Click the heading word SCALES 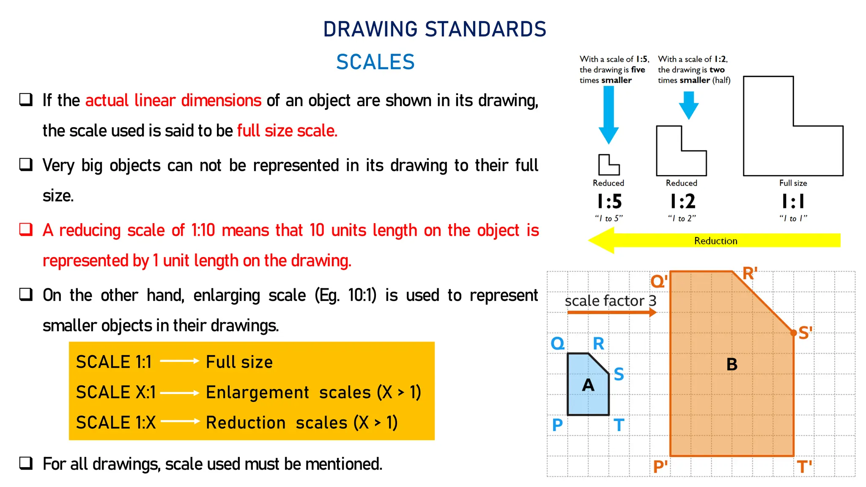pyautogui.click(x=375, y=62)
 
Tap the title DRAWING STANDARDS pyautogui.click(x=435, y=29)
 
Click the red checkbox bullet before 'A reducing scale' pyautogui.click(x=26, y=230)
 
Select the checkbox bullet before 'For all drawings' pyautogui.click(x=26, y=463)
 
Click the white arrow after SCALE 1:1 pyautogui.click(x=179, y=361)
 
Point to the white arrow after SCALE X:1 pyautogui.click(x=179, y=393)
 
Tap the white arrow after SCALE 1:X pyautogui.click(x=180, y=421)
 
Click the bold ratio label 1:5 pyautogui.click(x=609, y=202)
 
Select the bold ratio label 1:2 pyautogui.click(x=682, y=202)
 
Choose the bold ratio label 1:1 pyautogui.click(x=793, y=202)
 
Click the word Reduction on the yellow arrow pyautogui.click(x=715, y=241)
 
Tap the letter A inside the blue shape pyautogui.click(x=588, y=385)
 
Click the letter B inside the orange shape pyautogui.click(x=732, y=364)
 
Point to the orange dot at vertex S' pyautogui.click(x=794, y=333)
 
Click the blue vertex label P pyautogui.click(x=557, y=424)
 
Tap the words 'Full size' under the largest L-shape pyautogui.click(x=793, y=183)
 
